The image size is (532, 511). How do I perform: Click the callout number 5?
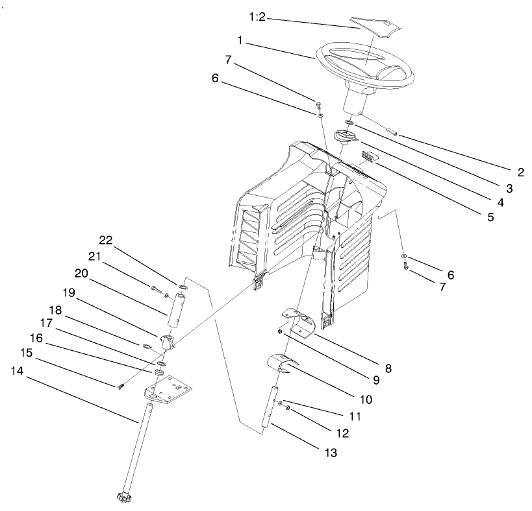click(x=489, y=217)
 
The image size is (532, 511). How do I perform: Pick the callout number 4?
click(x=500, y=202)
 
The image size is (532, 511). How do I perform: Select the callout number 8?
click(x=388, y=368)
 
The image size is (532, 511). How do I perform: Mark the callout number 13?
click(x=330, y=453)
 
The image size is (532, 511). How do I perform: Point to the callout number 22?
click(x=105, y=239)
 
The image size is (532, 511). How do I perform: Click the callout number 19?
click(x=69, y=292)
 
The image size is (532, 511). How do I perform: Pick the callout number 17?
click(x=45, y=322)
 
